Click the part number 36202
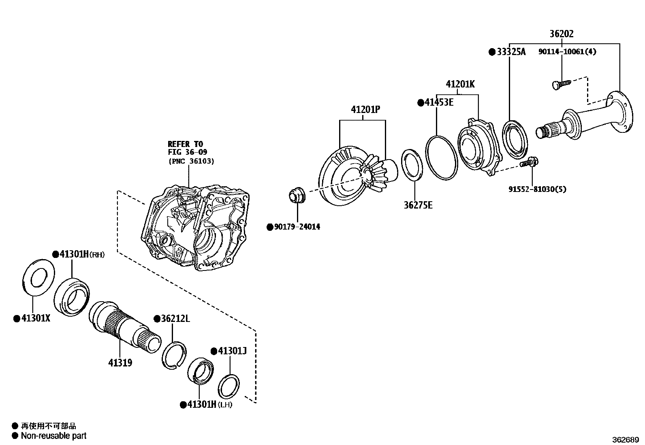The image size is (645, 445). [x=562, y=34]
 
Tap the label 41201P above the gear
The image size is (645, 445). [x=366, y=110]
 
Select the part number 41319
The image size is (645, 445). [x=120, y=362]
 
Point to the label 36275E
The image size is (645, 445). [x=418, y=205]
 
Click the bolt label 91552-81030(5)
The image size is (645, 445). [x=537, y=189]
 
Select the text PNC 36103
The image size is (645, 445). [x=191, y=161]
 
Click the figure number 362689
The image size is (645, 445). [x=625, y=439]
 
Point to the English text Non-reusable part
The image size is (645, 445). [x=53, y=436]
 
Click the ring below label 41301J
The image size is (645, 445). [x=229, y=387]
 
